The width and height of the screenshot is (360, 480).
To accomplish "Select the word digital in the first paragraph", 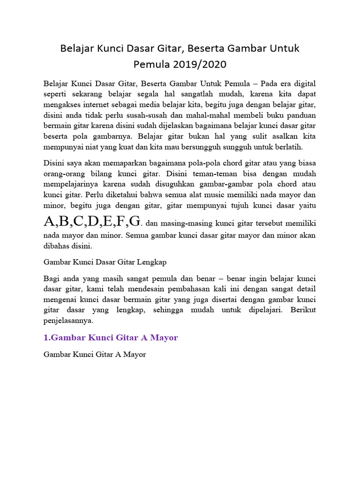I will pos(302,84).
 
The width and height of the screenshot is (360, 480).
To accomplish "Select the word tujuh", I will pos(249,205).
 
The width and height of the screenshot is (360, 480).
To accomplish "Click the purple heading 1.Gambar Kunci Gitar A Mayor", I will pos(111,337).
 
